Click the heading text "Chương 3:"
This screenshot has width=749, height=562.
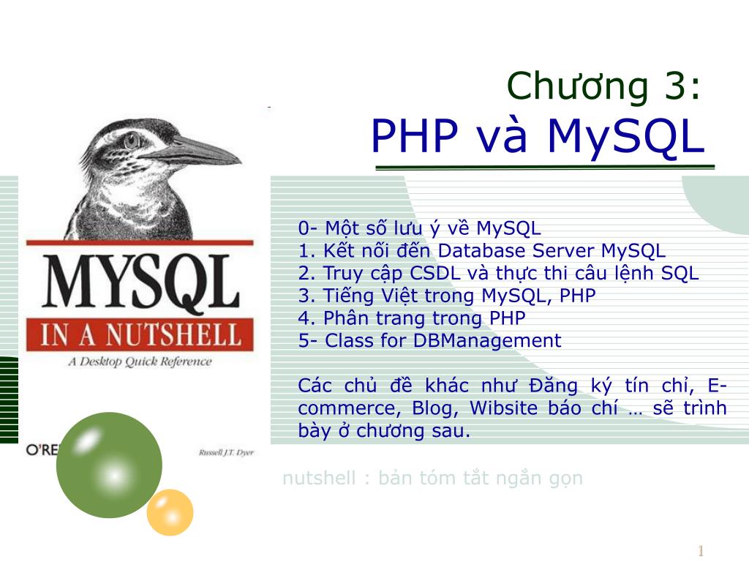(x=604, y=86)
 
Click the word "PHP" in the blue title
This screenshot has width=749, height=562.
(x=414, y=136)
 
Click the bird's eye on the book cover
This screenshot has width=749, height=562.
(x=132, y=139)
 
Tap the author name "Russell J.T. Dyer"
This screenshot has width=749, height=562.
(x=226, y=452)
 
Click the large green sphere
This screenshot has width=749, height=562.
(x=109, y=465)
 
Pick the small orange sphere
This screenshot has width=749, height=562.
(x=170, y=512)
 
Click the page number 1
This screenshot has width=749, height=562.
(x=700, y=551)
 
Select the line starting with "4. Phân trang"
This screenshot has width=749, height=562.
(x=412, y=318)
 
